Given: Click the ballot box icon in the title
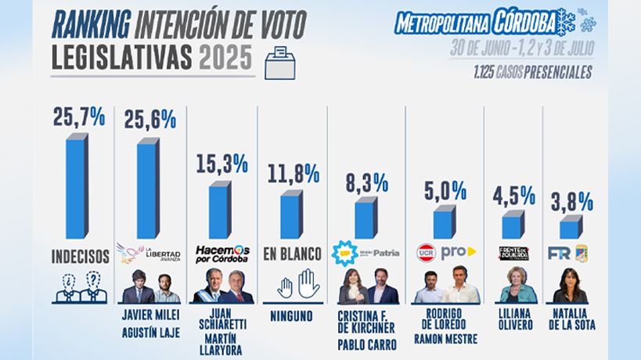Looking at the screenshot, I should pyautogui.click(x=279, y=61).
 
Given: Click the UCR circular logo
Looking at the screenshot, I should pyautogui.click(x=427, y=254).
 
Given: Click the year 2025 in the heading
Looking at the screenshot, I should pyautogui.click(x=227, y=57).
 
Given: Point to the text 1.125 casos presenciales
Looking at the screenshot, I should pyautogui.click(x=531, y=74).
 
